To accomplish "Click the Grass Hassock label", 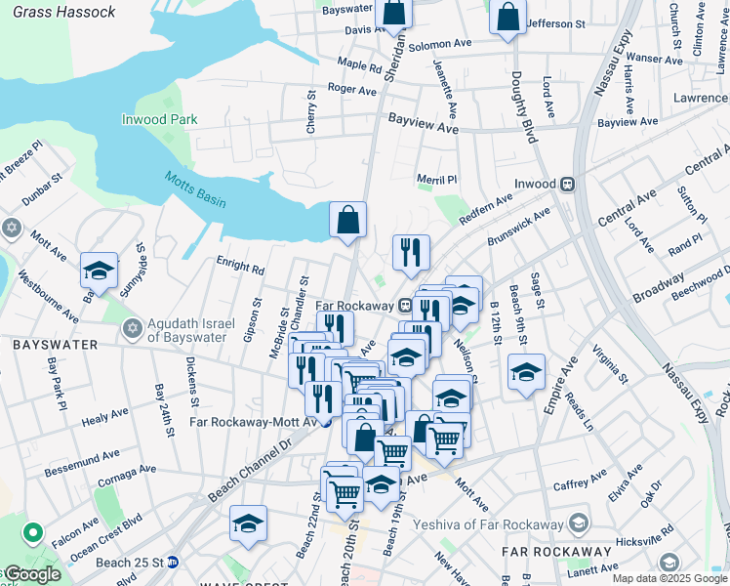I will point(64,13).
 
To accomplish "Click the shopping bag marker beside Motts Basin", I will point(347,221).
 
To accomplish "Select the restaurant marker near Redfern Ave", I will point(411,252).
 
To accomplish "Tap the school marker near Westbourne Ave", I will point(99,272).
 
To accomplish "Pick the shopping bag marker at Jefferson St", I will point(507,18).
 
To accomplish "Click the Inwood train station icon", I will point(566,184).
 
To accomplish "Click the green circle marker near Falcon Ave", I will point(32,534).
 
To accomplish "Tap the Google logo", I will point(31,575).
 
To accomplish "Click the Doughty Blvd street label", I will point(524,107).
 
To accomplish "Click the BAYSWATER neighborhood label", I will point(55,345).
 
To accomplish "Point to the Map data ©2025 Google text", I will point(669,578).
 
